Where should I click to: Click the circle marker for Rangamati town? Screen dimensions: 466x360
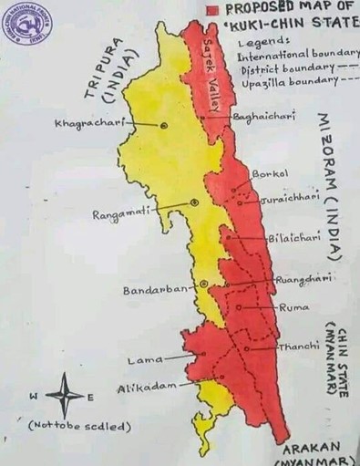coord(191,203)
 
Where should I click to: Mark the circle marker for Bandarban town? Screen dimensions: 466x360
coord(204,285)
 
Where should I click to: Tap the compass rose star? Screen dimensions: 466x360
coord(63,397)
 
